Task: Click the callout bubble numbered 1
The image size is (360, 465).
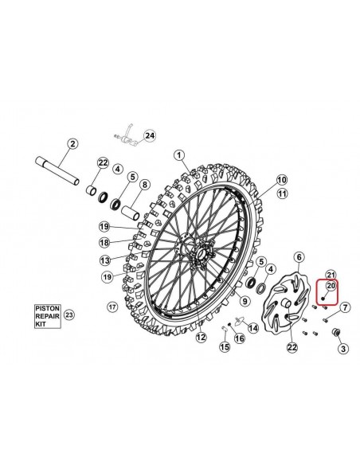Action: coord(179,155)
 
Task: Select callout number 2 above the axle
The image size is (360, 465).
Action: coord(72,144)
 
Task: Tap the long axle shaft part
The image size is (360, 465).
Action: coord(57,172)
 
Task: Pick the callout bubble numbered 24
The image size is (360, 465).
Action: coord(150,136)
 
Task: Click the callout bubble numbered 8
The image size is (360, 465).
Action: coord(144,185)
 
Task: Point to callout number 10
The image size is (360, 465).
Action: coord(282,179)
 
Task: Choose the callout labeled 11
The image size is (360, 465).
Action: coord(282,193)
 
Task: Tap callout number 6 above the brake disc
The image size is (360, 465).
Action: coord(299,257)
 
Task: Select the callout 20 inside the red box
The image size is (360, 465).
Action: coord(331,286)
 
